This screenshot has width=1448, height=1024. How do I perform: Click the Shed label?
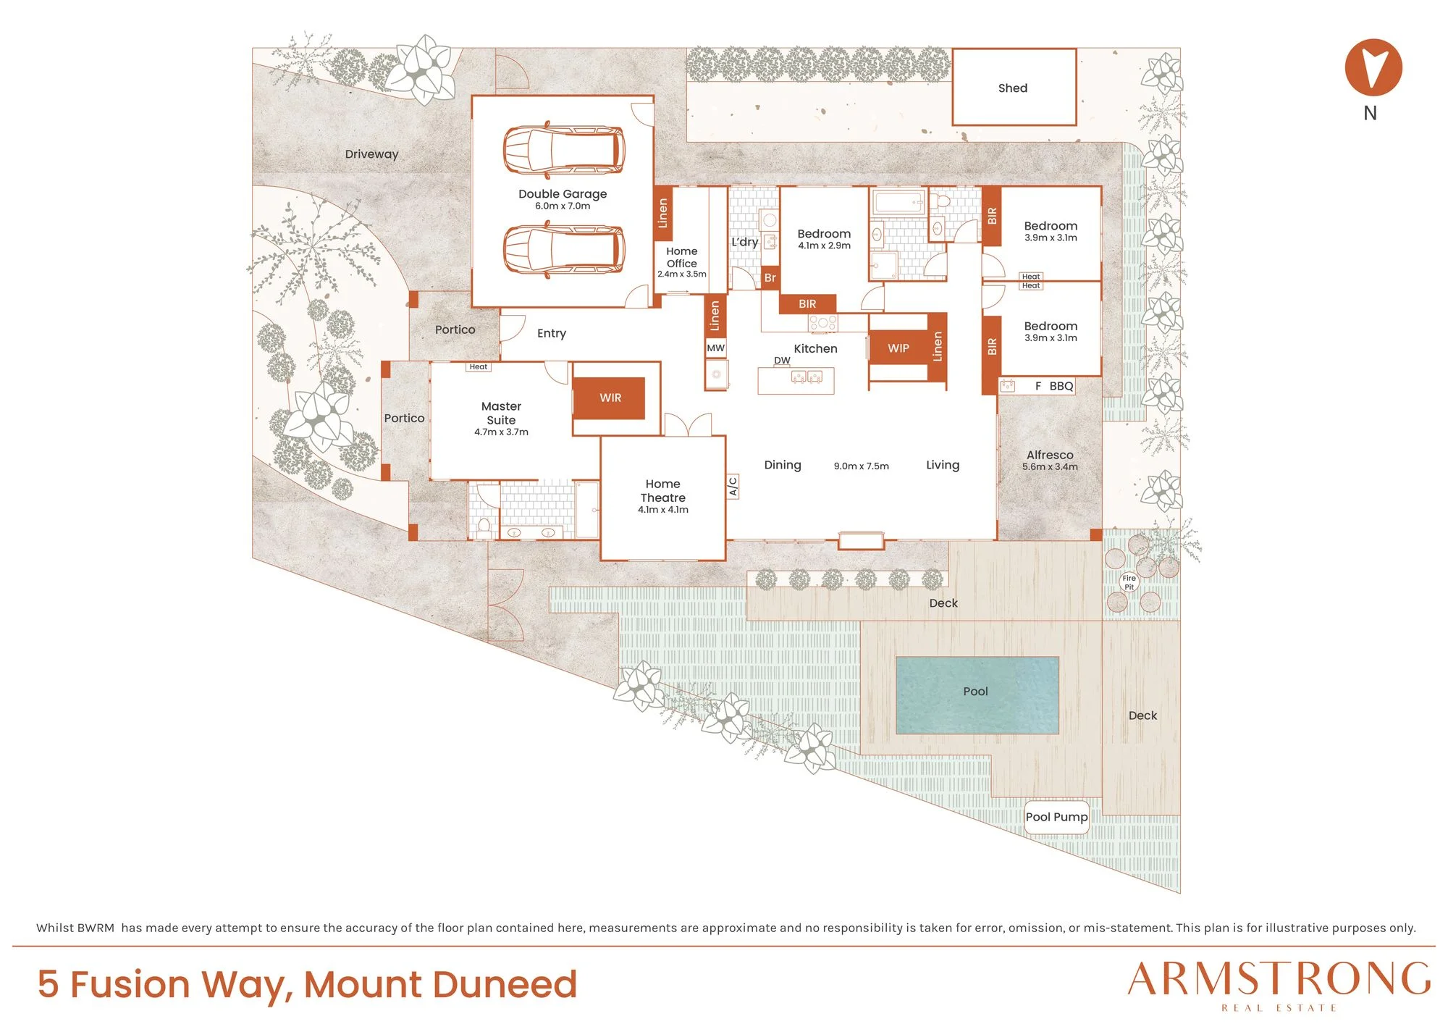click(x=1012, y=88)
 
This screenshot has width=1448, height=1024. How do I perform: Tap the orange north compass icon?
click(x=1373, y=67)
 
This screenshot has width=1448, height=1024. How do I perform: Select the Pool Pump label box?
click(x=1056, y=817)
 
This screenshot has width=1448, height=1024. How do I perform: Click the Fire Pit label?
click(x=1129, y=582)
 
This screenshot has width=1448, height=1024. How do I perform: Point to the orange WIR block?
click(x=610, y=398)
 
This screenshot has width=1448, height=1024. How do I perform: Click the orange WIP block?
click(x=898, y=348)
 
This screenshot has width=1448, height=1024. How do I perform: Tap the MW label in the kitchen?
click(x=715, y=348)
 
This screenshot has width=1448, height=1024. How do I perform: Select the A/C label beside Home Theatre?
click(x=733, y=486)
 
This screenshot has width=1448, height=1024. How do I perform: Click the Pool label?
click(x=975, y=692)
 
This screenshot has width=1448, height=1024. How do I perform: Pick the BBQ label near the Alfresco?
click(x=1061, y=386)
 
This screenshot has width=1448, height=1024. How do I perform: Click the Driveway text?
click(x=371, y=154)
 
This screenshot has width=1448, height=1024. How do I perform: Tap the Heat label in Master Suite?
click(x=478, y=366)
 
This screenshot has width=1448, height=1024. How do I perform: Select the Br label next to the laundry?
click(x=770, y=278)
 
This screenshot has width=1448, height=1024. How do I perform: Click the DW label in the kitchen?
click(x=782, y=360)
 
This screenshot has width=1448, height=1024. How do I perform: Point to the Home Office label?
click(x=682, y=257)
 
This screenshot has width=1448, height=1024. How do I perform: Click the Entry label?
click(x=551, y=333)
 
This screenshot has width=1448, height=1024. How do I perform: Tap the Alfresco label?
click(x=1050, y=455)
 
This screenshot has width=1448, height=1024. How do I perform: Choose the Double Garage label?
click(x=563, y=194)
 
